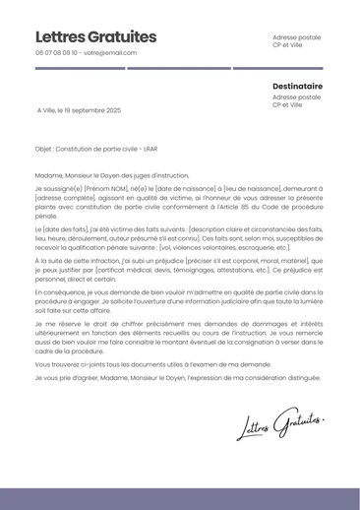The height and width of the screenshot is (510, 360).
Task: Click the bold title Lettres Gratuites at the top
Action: pyautogui.click(x=95, y=37)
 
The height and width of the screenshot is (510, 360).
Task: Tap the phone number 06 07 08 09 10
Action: pyautogui.click(x=57, y=53)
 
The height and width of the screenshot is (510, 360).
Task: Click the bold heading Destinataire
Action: pyautogui.click(x=297, y=86)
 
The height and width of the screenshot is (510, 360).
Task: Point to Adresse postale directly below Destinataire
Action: pyautogui.click(x=296, y=97)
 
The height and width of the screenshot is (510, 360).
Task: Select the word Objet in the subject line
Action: pyautogui.click(x=43, y=150)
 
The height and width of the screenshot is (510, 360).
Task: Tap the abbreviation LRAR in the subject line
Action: pyautogui.click(x=150, y=150)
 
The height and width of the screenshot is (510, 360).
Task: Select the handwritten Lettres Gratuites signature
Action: pyautogui.click(x=280, y=423)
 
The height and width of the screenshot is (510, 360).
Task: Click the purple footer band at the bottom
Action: pyautogui.click(x=180, y=498)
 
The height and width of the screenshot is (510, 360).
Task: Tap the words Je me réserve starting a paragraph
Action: pyautogui.click(x=57, y=323)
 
